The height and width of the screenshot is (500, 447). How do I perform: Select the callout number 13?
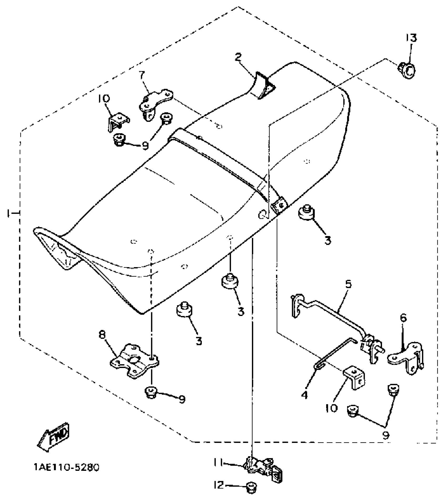(x=411, y=38)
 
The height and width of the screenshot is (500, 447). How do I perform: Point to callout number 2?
(x=238, y=57)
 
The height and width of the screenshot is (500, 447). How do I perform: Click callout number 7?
(x=142, y=75)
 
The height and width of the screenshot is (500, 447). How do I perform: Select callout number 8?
(x=102, y=335)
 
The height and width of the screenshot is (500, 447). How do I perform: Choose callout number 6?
(x=403, y=318)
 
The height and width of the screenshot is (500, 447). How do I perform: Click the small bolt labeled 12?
(x=251, y=487)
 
